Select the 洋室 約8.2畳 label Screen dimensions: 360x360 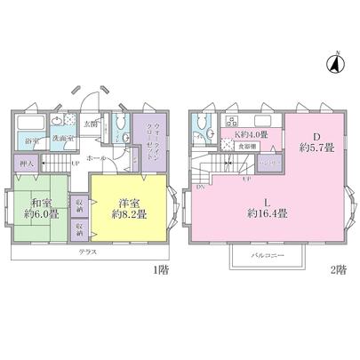(x=128, y=208)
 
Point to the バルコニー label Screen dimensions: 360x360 (x=268, y=254)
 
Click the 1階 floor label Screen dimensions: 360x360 (x=162, y=268)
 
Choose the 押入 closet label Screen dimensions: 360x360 (x=26, y=164)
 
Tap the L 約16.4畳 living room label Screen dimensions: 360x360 (x=267, y=206)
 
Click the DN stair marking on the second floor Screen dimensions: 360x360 (x=200, y=186)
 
